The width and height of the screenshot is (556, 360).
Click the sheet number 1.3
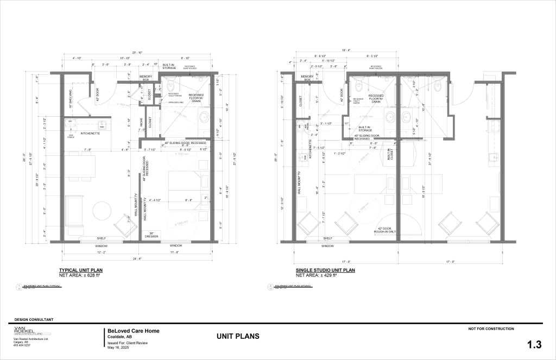tap(534, 344)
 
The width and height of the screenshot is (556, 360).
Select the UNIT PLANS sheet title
tap(238, 337)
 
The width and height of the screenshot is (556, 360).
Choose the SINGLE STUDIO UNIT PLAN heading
tap(325, 270)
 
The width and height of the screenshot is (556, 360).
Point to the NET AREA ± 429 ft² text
tap(317, 275)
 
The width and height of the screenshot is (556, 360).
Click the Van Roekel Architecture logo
tap(31, 332)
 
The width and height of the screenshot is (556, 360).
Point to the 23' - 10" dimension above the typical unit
tap(137, 53)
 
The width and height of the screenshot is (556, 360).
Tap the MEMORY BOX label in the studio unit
tap(307, 78)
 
